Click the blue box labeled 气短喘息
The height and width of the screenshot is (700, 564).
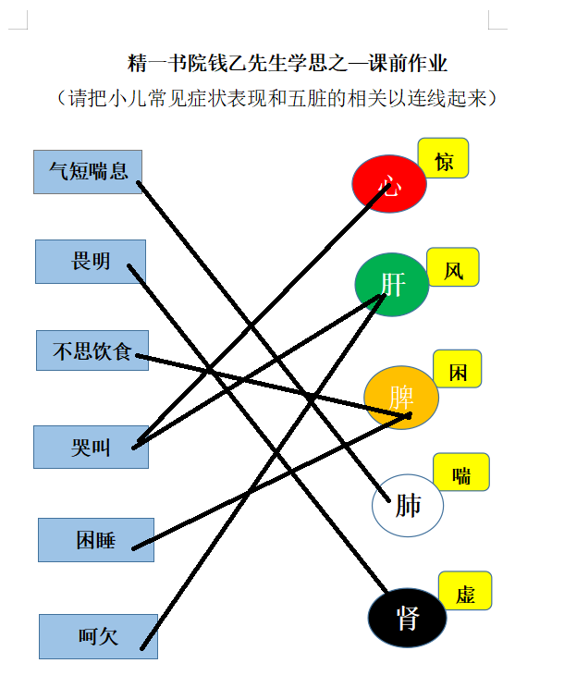[x=88, y=172]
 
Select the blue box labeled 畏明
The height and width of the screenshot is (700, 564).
[x=91, y=262]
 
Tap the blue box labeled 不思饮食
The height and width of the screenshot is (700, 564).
[x=92, y=350]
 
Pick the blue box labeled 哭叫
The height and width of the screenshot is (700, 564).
[x=91, y=447]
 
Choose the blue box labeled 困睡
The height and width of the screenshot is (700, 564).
[x=96, y=540]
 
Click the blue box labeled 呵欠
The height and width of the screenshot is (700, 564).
[x=98, y=636]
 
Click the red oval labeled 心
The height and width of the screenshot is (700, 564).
[x=389, y=183]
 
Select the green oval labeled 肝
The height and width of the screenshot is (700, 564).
[x=392, y=285]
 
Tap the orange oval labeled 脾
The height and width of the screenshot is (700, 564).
[x=401, y=398]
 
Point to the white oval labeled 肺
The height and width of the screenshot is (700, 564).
[x=408, y=506]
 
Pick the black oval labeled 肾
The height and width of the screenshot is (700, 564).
[x=408, y=618]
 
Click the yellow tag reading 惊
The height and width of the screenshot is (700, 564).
[x=443, y=158]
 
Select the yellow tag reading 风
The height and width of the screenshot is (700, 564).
[x=453, y=267]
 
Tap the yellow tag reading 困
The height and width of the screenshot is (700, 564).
[x=458, y=369]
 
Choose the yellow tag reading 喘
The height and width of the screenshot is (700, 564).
[x=461, y=472]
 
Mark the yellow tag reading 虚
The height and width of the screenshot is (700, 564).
[x=465, y=591]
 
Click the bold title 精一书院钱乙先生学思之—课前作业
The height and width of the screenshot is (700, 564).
[x=288, y=63]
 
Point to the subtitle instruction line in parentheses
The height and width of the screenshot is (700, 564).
[x=276, y=98]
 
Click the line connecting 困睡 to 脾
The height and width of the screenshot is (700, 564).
[x=271, y=482]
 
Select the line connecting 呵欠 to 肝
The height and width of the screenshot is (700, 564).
[x=263, y=472]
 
